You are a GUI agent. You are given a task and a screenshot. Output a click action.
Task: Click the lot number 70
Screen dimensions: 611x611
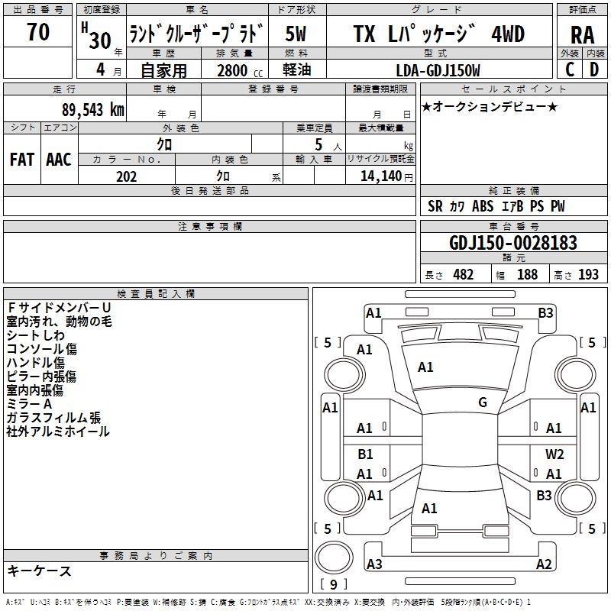[x=38, y=33]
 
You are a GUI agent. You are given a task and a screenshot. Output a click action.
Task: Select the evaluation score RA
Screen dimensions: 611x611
[x=582, y=34]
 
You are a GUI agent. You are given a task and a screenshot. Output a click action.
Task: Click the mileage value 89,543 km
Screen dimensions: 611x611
[x=89, y=109]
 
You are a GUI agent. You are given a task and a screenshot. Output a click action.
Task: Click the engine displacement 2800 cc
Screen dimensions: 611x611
[x=236, y=71]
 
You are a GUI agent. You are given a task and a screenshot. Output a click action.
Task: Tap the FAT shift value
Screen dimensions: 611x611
[x=21, y=160]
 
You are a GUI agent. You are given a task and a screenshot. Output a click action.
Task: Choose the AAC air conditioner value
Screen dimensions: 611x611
[x=58, y=160]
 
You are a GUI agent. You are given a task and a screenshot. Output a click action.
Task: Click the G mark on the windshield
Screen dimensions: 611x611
[x=482, y=402]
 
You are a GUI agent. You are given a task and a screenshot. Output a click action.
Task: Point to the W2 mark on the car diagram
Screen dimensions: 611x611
[x=554, y=454]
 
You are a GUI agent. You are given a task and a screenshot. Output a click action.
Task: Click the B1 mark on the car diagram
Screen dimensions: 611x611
[x=365, y=454]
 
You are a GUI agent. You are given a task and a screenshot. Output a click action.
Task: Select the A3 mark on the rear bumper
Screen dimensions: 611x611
[x=374, y=564]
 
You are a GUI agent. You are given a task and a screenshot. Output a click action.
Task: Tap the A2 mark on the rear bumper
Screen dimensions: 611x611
[x=544, y=564]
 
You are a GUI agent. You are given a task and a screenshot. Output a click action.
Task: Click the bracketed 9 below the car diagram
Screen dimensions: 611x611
[x=332, y=585]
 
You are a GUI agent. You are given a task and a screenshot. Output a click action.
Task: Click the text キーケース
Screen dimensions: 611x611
[x=39, y=571]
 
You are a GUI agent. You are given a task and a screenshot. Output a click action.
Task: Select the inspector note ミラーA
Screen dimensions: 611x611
[x=29, y=404]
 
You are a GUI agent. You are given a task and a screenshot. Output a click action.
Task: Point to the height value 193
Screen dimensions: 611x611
[x=588, y=275]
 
